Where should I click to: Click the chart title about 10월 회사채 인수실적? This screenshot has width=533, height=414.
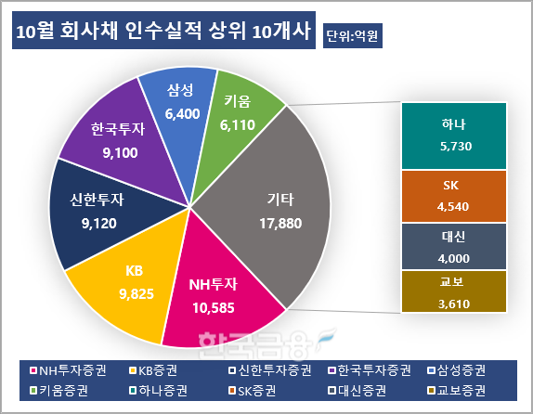click(x=163, y=32)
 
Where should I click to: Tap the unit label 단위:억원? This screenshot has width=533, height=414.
click(x=354, y=36)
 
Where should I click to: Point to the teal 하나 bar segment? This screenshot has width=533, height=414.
click(x=454, y=134)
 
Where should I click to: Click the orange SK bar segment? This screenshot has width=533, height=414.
click(x=454, y=195)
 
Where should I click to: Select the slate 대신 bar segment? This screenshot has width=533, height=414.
click(x=454, y=246)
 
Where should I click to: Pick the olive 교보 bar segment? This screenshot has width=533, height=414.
click(x=454, y=291)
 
